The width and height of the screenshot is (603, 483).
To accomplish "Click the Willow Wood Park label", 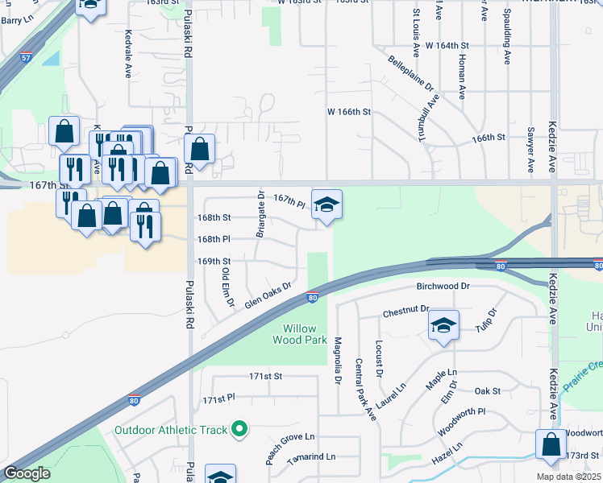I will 305,334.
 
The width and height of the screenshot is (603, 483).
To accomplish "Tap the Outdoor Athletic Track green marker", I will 238,429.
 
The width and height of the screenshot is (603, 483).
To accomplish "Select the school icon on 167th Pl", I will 326,206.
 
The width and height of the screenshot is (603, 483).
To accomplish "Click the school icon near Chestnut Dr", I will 443,326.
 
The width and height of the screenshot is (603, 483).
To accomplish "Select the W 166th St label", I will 348,112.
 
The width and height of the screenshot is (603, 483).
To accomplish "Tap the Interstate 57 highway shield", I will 27,57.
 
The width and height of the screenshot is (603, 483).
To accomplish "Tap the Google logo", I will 27,473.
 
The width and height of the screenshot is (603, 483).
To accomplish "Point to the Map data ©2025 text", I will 568,477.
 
